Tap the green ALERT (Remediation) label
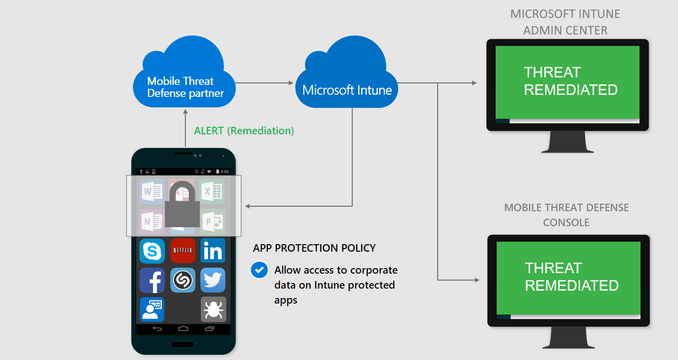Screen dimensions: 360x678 tap(244, 131)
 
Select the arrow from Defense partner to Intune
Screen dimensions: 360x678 tap(264, 83)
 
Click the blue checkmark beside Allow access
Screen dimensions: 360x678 tap(259, 270)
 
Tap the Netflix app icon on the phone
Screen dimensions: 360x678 tap(183, 251)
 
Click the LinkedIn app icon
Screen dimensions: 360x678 tap(213, 251)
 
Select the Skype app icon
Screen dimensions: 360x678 tap(152, 251)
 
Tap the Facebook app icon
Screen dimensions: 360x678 tap(152, 280)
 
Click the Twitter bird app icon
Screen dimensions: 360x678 tap(213, 280)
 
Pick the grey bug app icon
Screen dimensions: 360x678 tap(213, 310)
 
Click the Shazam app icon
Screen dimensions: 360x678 tap(183, 280)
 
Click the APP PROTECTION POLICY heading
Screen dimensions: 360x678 tap(314, 248)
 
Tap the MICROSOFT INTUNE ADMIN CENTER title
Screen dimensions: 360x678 tap(565, 22)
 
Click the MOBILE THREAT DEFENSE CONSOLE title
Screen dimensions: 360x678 tap(566, 215)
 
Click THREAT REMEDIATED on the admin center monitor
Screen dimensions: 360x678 tap(571, 81)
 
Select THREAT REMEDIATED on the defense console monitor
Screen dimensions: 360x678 tap(572, 277)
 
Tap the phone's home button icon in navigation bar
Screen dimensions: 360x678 tap(183, 329)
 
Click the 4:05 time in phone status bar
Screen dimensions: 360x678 tap(224, 171)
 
